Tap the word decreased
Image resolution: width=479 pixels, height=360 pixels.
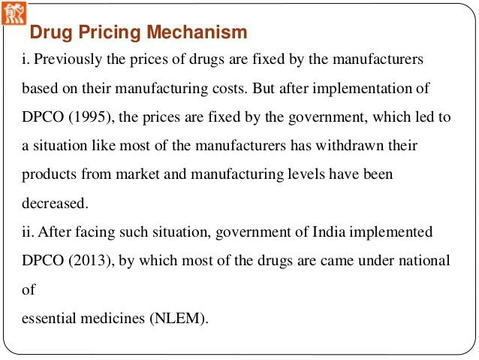[x=55, y=202]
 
